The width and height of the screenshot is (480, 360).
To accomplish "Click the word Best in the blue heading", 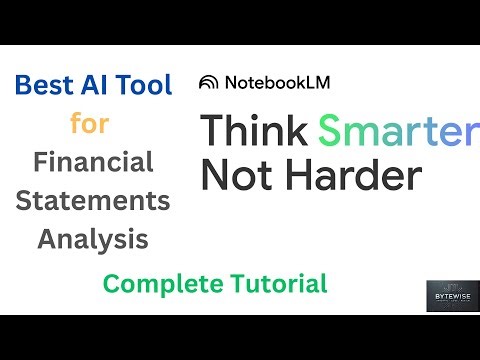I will coord(42,86).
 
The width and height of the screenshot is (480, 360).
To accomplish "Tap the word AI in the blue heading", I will coord(95,86).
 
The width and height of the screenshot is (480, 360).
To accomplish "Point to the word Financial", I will coord(93,161).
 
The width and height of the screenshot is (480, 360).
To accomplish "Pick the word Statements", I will coord(93,200).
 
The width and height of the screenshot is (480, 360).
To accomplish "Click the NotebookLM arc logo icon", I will coord(209,82).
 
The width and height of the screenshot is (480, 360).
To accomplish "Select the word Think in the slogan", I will coord(255,130).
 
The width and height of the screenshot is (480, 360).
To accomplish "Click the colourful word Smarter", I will coord(393,130).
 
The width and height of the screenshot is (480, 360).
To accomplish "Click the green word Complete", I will coord(161,284).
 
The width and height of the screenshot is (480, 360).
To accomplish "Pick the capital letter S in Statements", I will coord(25,200).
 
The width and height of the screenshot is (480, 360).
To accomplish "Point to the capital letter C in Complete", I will coord(110,284).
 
